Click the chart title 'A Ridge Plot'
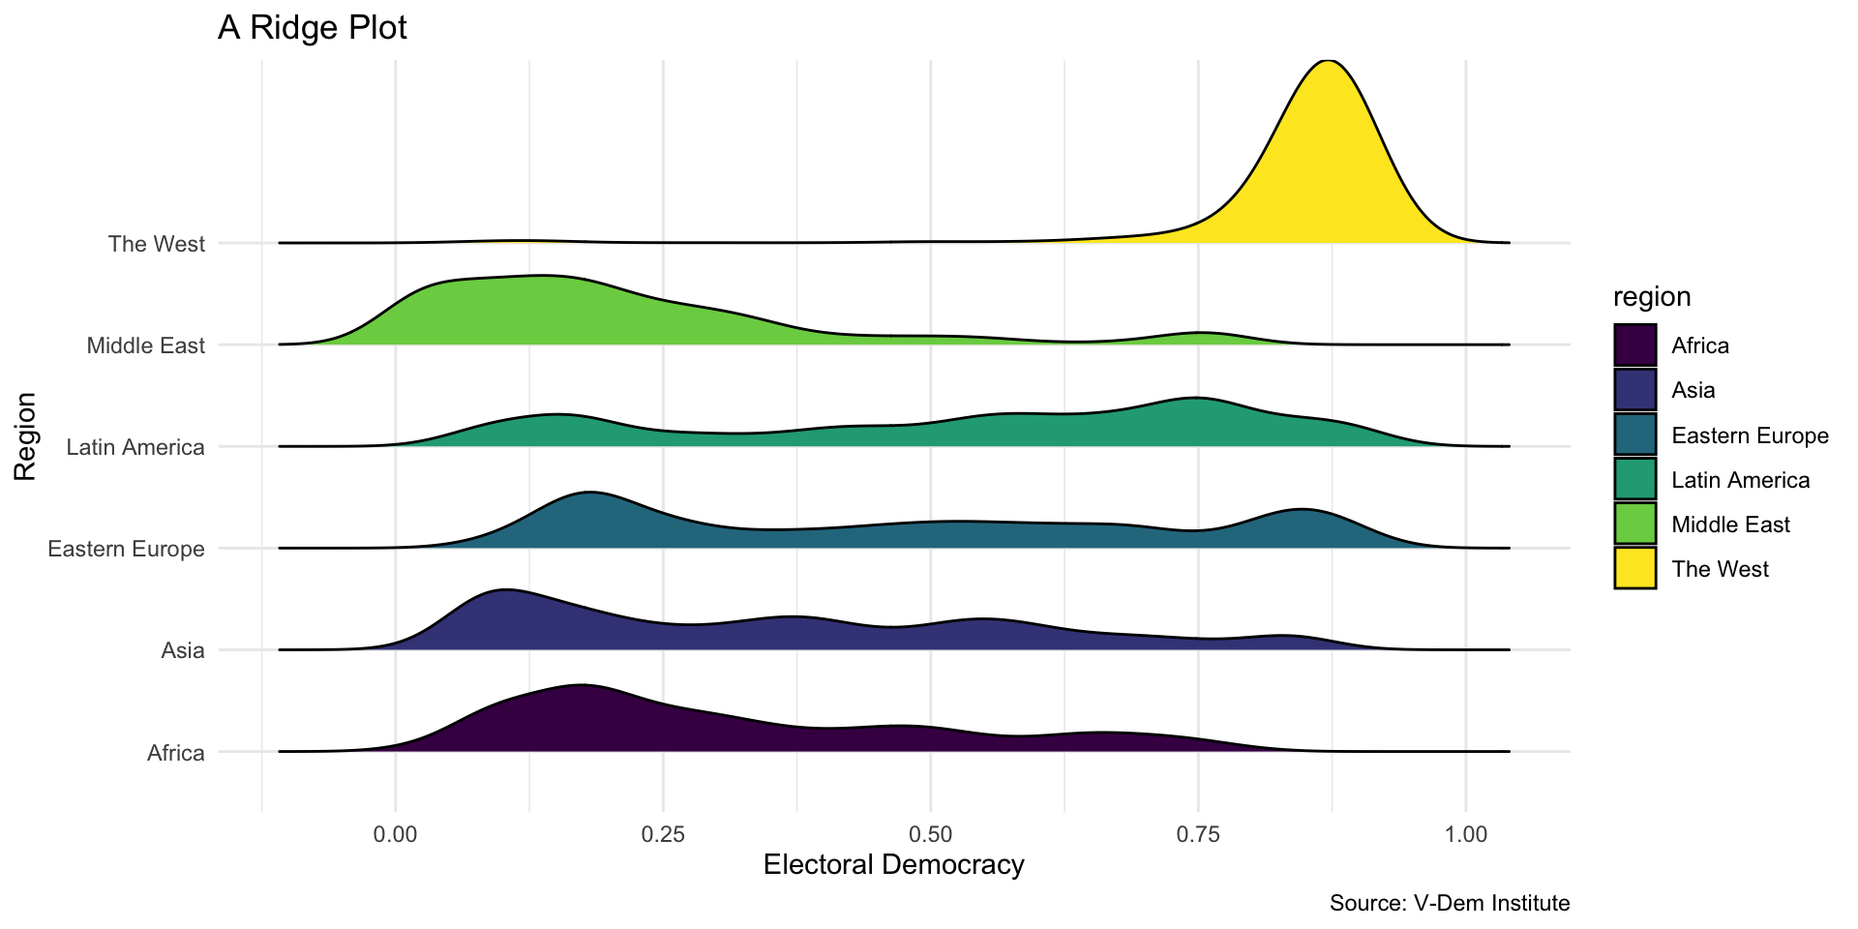pos(312,28)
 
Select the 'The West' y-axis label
pos(157,244)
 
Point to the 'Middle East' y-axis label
pos(146,345)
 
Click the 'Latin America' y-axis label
pos(135,447)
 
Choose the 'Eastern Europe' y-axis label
pos(127,550)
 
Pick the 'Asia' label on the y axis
pos(183,650)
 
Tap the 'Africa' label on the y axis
pos(176,753)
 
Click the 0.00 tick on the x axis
pos(395,833)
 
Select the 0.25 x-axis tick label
pos(663,833)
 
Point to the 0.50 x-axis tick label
pos(930,833)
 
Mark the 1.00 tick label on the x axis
pos(1465,833)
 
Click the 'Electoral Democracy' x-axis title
pos(893,865)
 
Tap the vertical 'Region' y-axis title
pos(25,436)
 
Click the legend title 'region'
pos(1652,297)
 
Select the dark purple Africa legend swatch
pos(1634,345)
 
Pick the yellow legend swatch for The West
pos(1634,569)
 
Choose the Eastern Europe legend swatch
pos(1634,435)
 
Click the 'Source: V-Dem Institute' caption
pos(1449,904)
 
